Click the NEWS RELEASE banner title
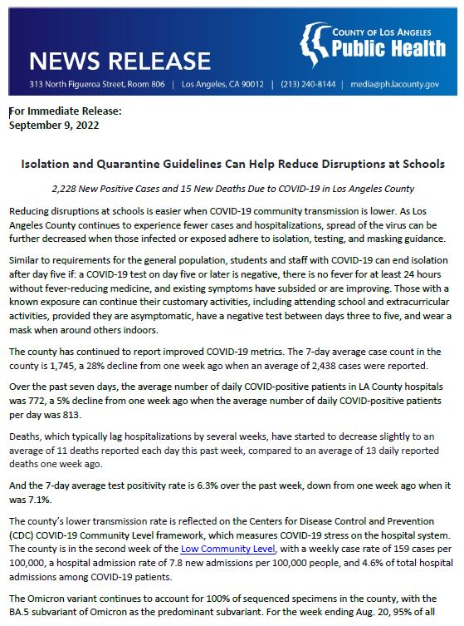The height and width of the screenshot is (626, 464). (120, 61)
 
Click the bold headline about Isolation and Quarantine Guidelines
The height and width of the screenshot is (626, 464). (232, 165)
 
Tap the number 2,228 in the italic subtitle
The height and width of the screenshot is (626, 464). (65, 189)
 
